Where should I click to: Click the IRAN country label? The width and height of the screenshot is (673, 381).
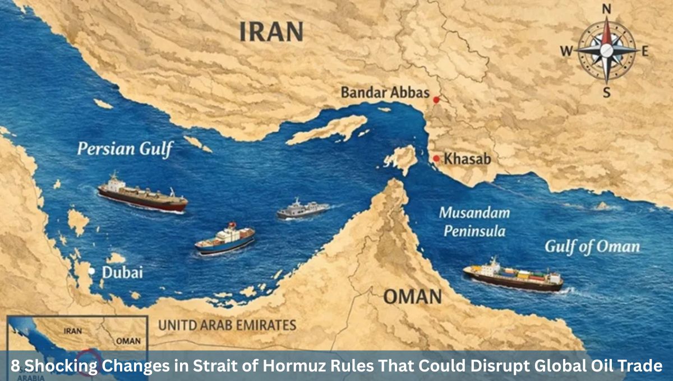[x=271, y=32]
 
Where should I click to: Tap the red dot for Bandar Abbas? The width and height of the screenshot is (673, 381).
[x=436, y=99]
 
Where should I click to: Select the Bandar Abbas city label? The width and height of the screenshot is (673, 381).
[x=385, y=92]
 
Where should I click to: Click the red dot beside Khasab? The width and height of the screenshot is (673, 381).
[x=436, y=159]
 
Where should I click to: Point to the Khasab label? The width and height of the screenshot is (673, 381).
[x=467, y=159]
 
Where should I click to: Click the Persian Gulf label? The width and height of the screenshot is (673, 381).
[x=125, y=149]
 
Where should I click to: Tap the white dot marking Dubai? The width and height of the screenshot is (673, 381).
[x=91, y=271]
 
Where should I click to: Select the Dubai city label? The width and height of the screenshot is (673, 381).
[x=122, y=273]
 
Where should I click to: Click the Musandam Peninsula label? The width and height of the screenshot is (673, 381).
[x=474, y=222]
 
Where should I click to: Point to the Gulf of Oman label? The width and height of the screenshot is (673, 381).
[x=592, y=247]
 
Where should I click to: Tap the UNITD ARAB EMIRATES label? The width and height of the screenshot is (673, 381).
[x=227, y=325]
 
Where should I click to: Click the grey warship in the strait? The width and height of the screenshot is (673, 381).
[x=302, y=208]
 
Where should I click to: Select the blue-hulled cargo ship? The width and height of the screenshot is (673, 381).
[x=225, y=239]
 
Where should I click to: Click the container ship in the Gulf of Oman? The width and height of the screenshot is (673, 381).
[x=513, y=276]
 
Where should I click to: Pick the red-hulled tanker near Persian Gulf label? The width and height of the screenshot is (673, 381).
[x=142, y=194]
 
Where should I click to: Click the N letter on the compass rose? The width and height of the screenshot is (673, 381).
[x=606, y=8]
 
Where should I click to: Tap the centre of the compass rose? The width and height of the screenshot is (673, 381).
[x=606, y=50]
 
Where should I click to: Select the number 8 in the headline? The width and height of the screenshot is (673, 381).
[x=16, y=367]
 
